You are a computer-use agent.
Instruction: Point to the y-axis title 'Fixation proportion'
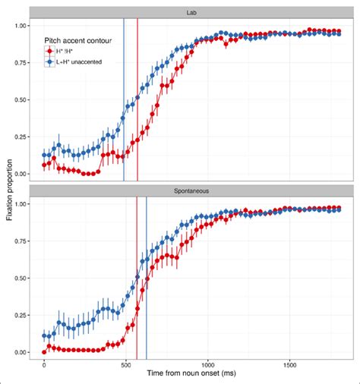tap(7, 190)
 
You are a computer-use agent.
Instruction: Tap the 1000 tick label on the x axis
tap(207, 365)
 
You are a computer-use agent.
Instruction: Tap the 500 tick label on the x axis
tap(125, 365)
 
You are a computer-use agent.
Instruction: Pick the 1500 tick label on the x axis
tap(288, 365)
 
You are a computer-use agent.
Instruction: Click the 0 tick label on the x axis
tap(44, 365)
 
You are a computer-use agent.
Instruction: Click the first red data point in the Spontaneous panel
tap(44, 352)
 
